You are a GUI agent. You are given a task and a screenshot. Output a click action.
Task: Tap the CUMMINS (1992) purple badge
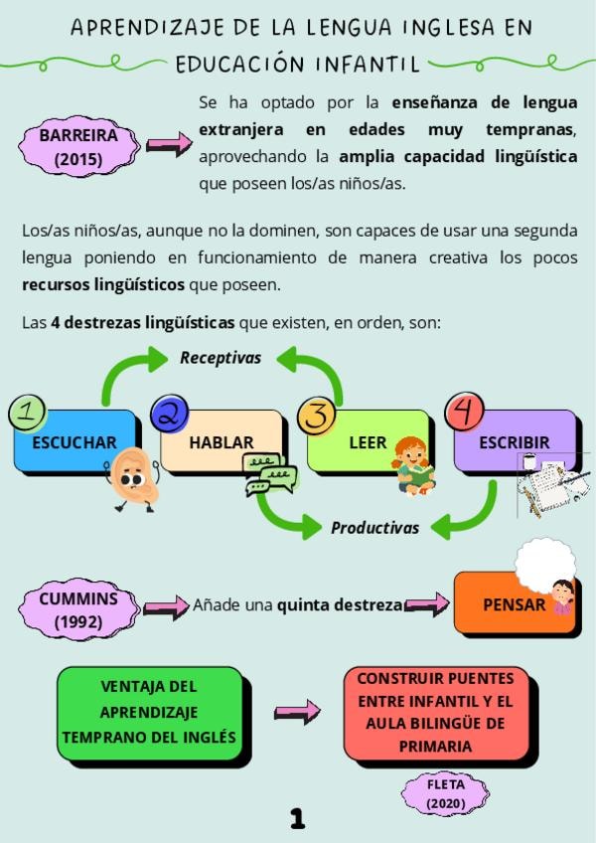pos(78,609)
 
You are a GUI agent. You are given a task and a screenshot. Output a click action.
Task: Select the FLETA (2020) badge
pos(446,792)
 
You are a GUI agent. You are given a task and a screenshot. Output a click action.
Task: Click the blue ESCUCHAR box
pos(74,441)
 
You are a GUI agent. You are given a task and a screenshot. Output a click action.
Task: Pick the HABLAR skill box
pos(221,440)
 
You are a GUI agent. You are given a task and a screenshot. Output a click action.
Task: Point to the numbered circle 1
pos(27,413)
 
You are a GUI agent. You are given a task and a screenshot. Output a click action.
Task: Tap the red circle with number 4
pos(465,412)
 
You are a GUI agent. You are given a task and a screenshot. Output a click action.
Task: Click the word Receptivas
pos(221,358)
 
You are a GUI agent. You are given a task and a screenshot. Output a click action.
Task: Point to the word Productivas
pos(374,528)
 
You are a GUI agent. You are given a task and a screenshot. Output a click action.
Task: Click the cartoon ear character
pos(133,478)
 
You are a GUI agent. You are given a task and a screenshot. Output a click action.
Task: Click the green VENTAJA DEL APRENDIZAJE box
pos(149,712)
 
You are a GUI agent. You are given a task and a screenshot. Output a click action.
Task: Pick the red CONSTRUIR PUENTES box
pos(435,712)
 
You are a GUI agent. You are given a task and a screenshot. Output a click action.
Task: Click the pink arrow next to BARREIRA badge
pos(169,145)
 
